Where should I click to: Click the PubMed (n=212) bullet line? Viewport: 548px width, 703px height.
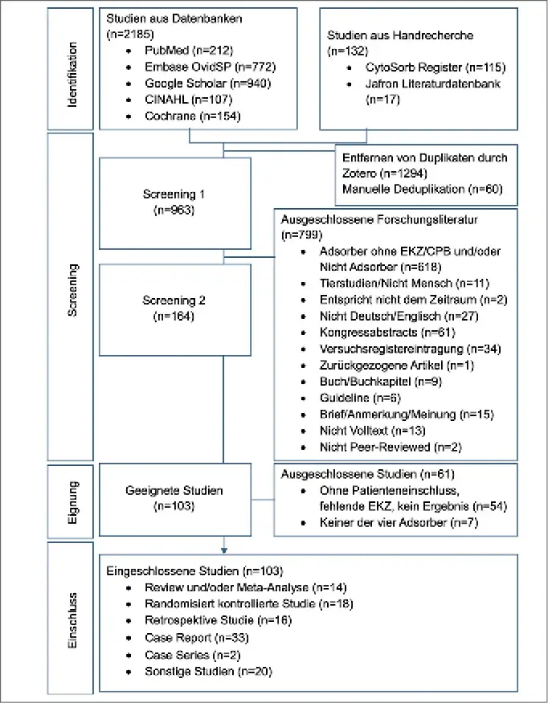click(189, 50)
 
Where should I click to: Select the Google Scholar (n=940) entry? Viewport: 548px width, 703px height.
click(207, 84)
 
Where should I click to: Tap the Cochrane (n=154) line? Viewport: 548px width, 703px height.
click(192, 116)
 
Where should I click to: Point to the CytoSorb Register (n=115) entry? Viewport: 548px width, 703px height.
click(436, 67)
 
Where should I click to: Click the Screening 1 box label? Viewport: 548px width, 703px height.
click(174, 202)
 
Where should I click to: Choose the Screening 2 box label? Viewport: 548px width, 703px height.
click(174, 309)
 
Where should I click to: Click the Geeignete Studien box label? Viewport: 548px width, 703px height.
click(174, 498)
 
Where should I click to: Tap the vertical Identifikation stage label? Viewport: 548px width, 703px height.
click(72, 75)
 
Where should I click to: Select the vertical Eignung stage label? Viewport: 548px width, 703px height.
click(72, 502)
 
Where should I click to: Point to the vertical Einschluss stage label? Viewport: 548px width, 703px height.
click(72, 620)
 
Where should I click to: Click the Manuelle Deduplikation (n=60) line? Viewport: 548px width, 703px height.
click(423, 189)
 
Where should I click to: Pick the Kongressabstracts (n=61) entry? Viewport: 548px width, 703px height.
click(387, 333)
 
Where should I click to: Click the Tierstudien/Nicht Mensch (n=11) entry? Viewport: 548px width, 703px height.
click(404, 284)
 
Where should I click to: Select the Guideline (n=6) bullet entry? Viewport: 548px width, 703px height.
click(360, 399)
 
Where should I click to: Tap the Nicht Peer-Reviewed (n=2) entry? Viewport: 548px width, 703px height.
click(391, 447)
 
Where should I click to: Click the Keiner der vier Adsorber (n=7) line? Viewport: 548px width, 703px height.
click(399, 523)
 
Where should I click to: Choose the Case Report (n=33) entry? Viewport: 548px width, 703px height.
click(197, 638)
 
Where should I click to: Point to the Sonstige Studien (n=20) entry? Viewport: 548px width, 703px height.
click(209, 671)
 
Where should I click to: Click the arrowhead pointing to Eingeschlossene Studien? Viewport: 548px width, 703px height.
click(224, 550)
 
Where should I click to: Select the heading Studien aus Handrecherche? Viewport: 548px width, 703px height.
click(400, 35)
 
